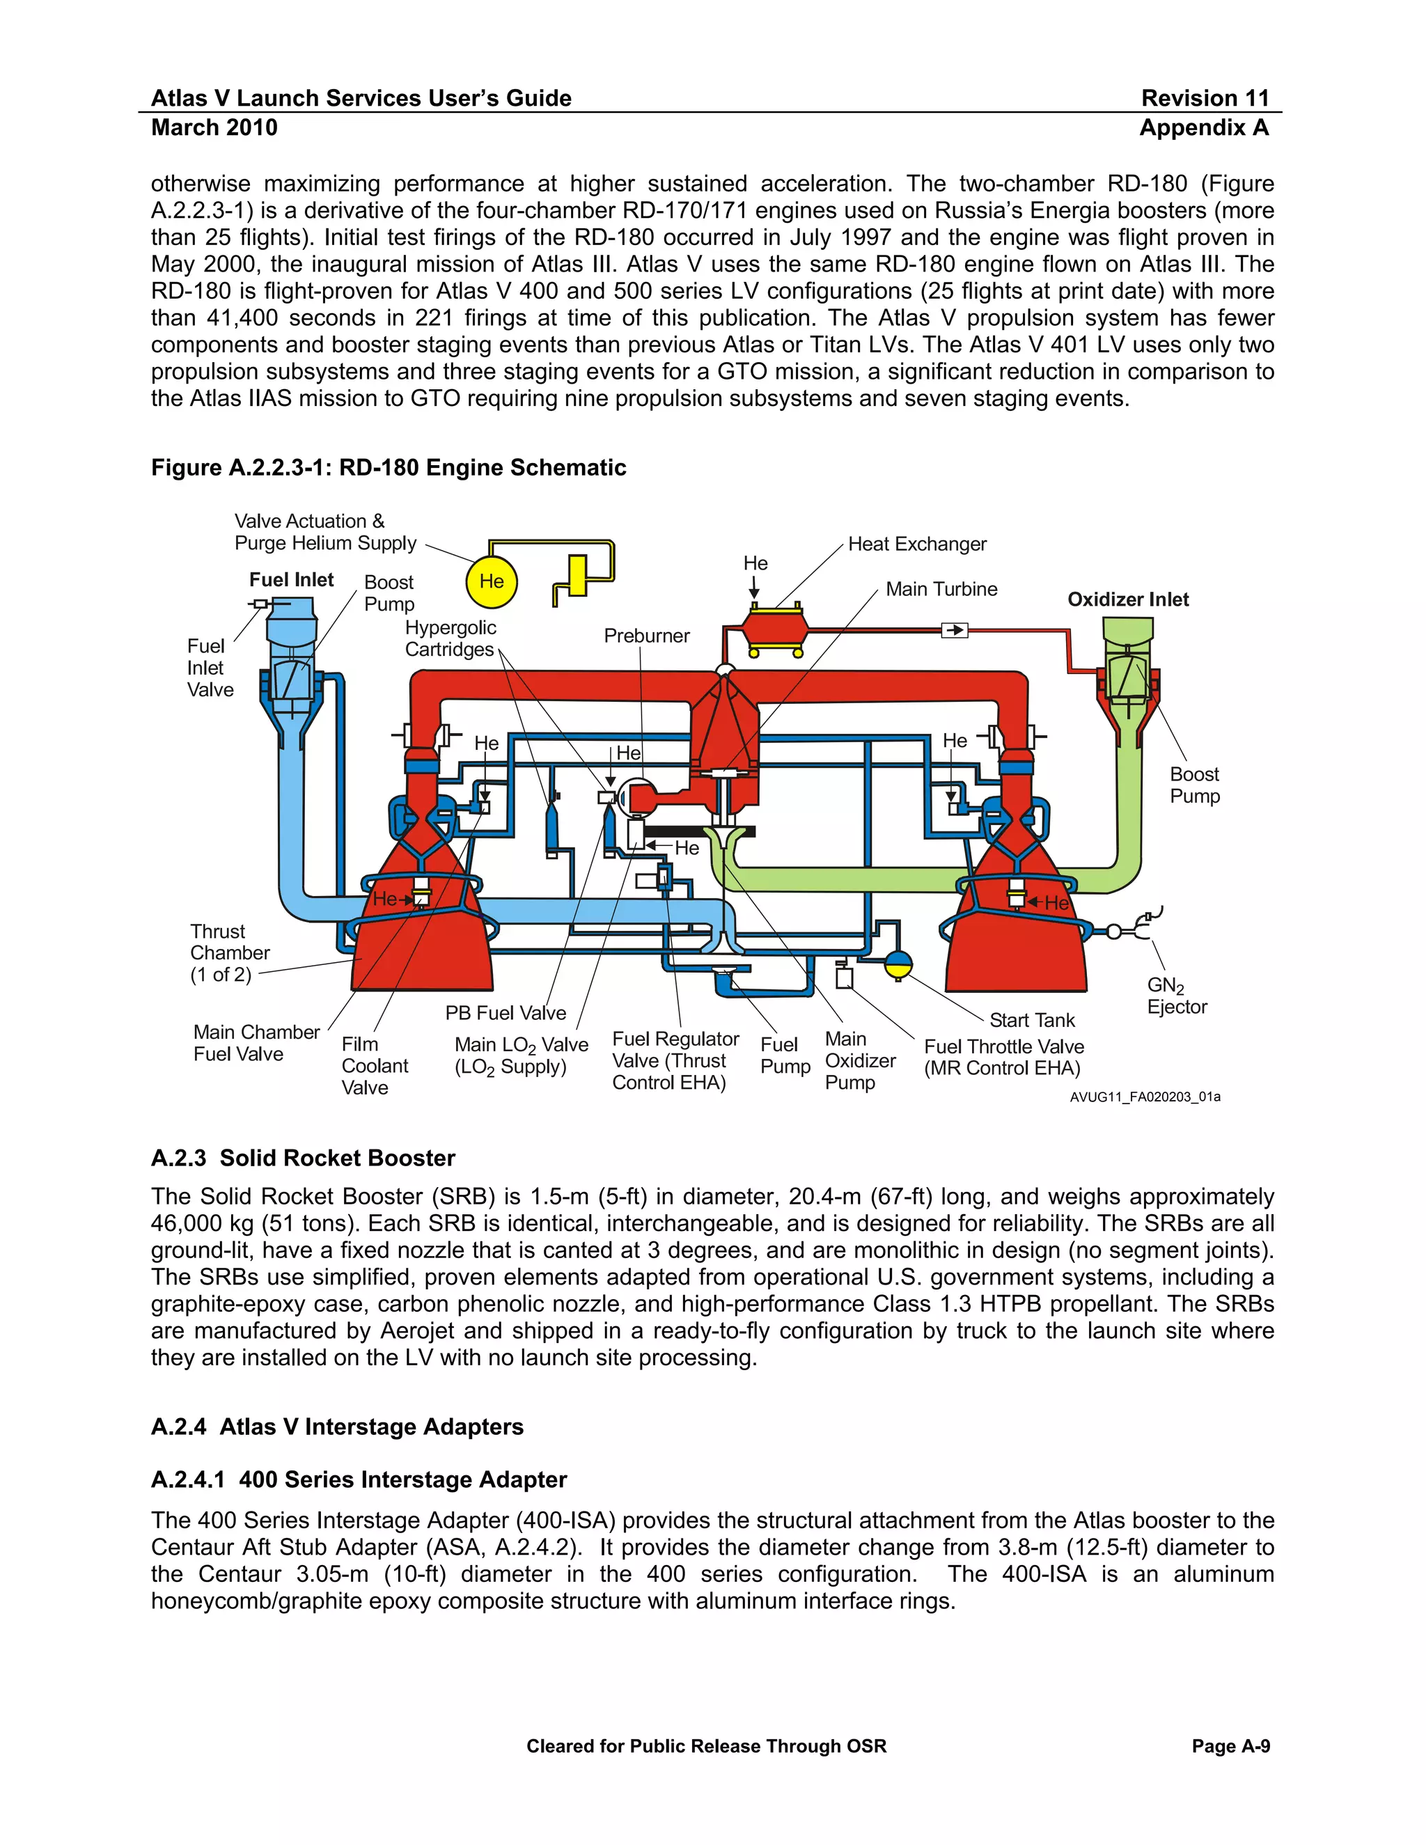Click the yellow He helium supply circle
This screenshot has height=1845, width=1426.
[x=491, y=581]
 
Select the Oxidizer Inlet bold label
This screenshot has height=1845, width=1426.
[x=1127, y=599]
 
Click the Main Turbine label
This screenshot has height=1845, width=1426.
[x=941, y=589]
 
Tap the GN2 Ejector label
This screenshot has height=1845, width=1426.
[x=1177, y=996]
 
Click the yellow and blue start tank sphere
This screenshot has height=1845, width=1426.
[x=898, y=963]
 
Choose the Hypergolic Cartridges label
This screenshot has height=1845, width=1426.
[x=450, y=638]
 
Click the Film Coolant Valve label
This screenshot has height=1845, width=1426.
[x=374, y=1065]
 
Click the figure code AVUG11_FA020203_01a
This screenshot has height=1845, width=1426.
[x=1144, y=1097]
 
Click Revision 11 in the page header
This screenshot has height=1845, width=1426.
[x=1205, y=98]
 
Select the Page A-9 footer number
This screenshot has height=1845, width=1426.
[x=1230, y=1746]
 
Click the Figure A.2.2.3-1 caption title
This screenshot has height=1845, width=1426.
[x=389, y=467]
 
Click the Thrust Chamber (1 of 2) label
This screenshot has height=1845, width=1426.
[x=229, y=953]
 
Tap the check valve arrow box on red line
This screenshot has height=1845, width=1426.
[x=954, y=630]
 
